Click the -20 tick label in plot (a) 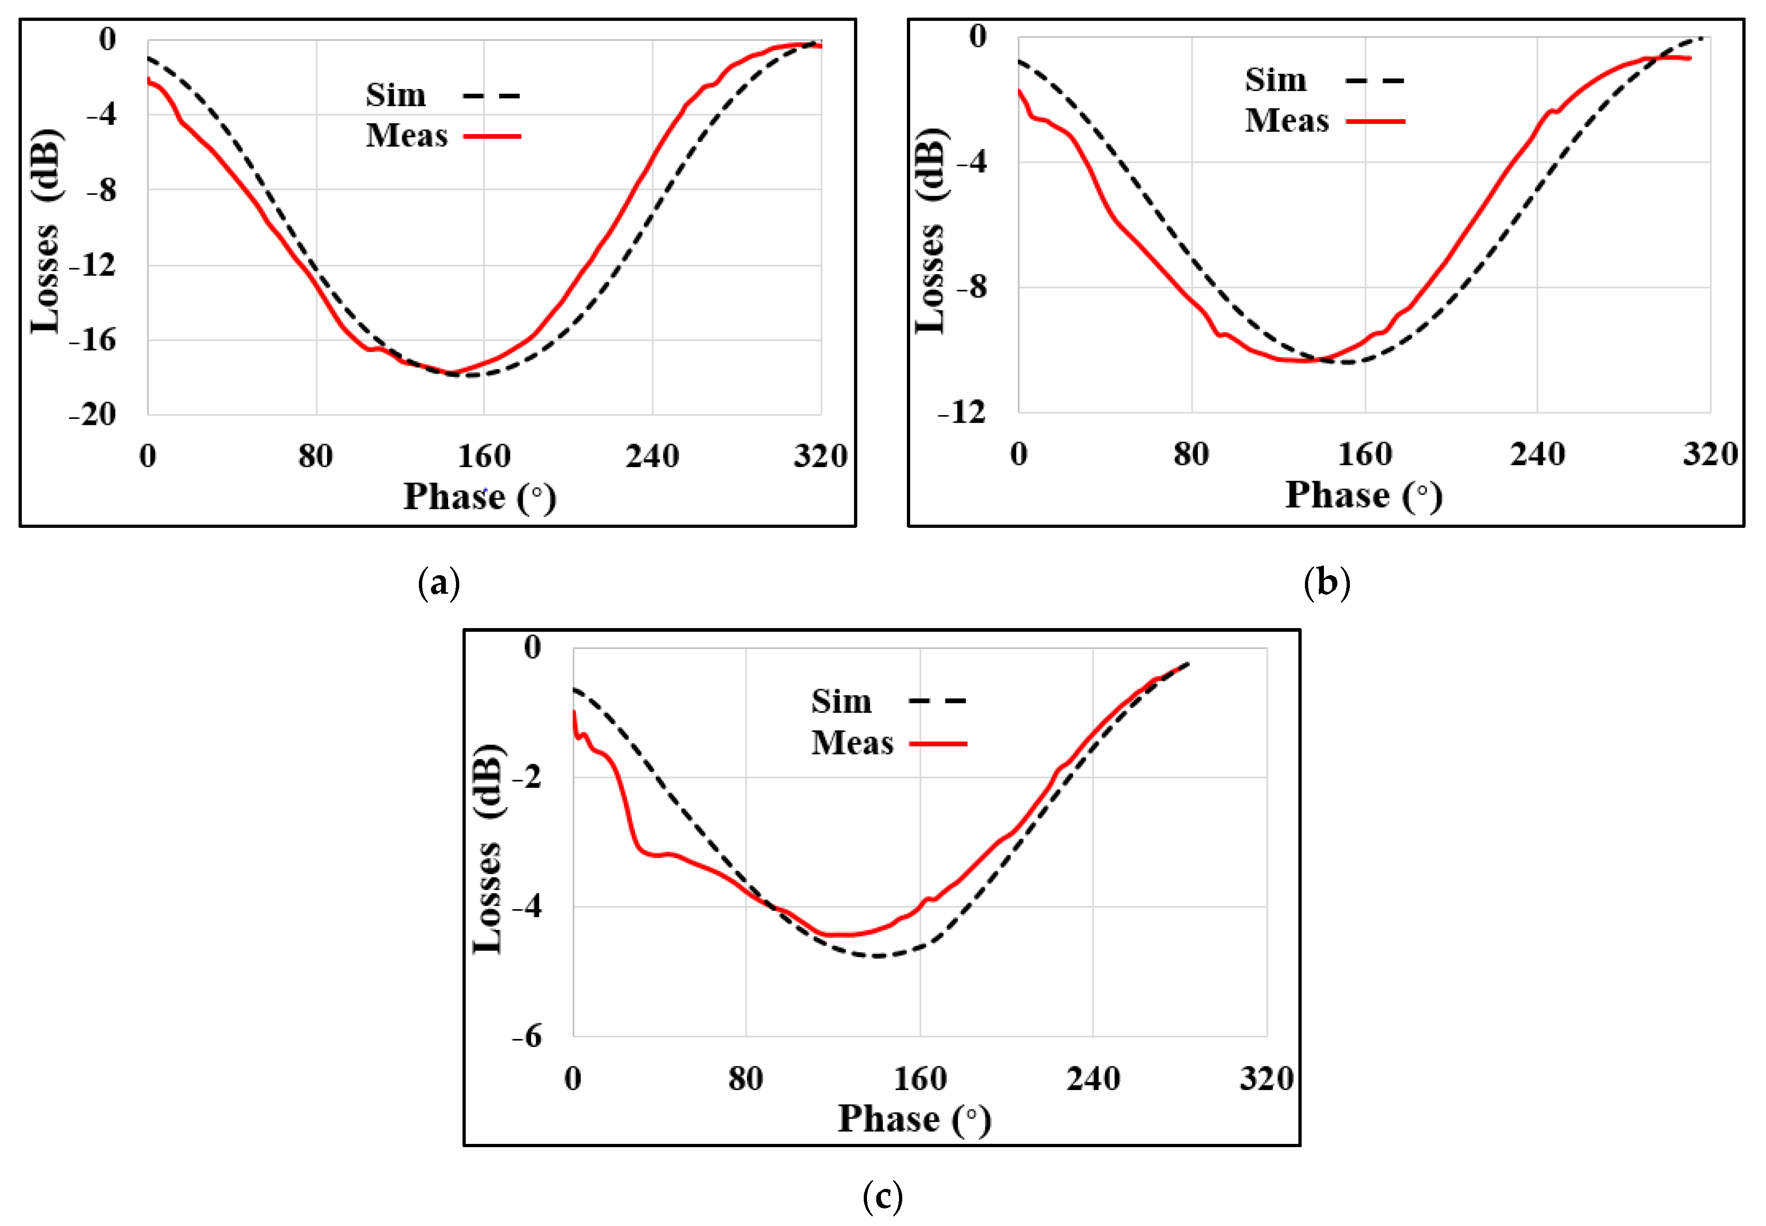pyautogui.click(x=93, y=415)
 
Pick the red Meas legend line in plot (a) pyautogui.click(x=492, y=136)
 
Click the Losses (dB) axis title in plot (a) pyautogui.click(x=45, y=231)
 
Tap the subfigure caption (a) pyautogui.click(x=439, y=583)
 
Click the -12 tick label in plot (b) pyautogui.click(x=962, y=413)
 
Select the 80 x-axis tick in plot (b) pyautogui.click(x=1191, y=455)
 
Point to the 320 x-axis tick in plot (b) pyautogui.click(x=1710, y=455)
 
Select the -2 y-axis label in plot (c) pyautogui.click(x=528, y=777)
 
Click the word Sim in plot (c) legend pyautogui.click(x=841, y=701)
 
